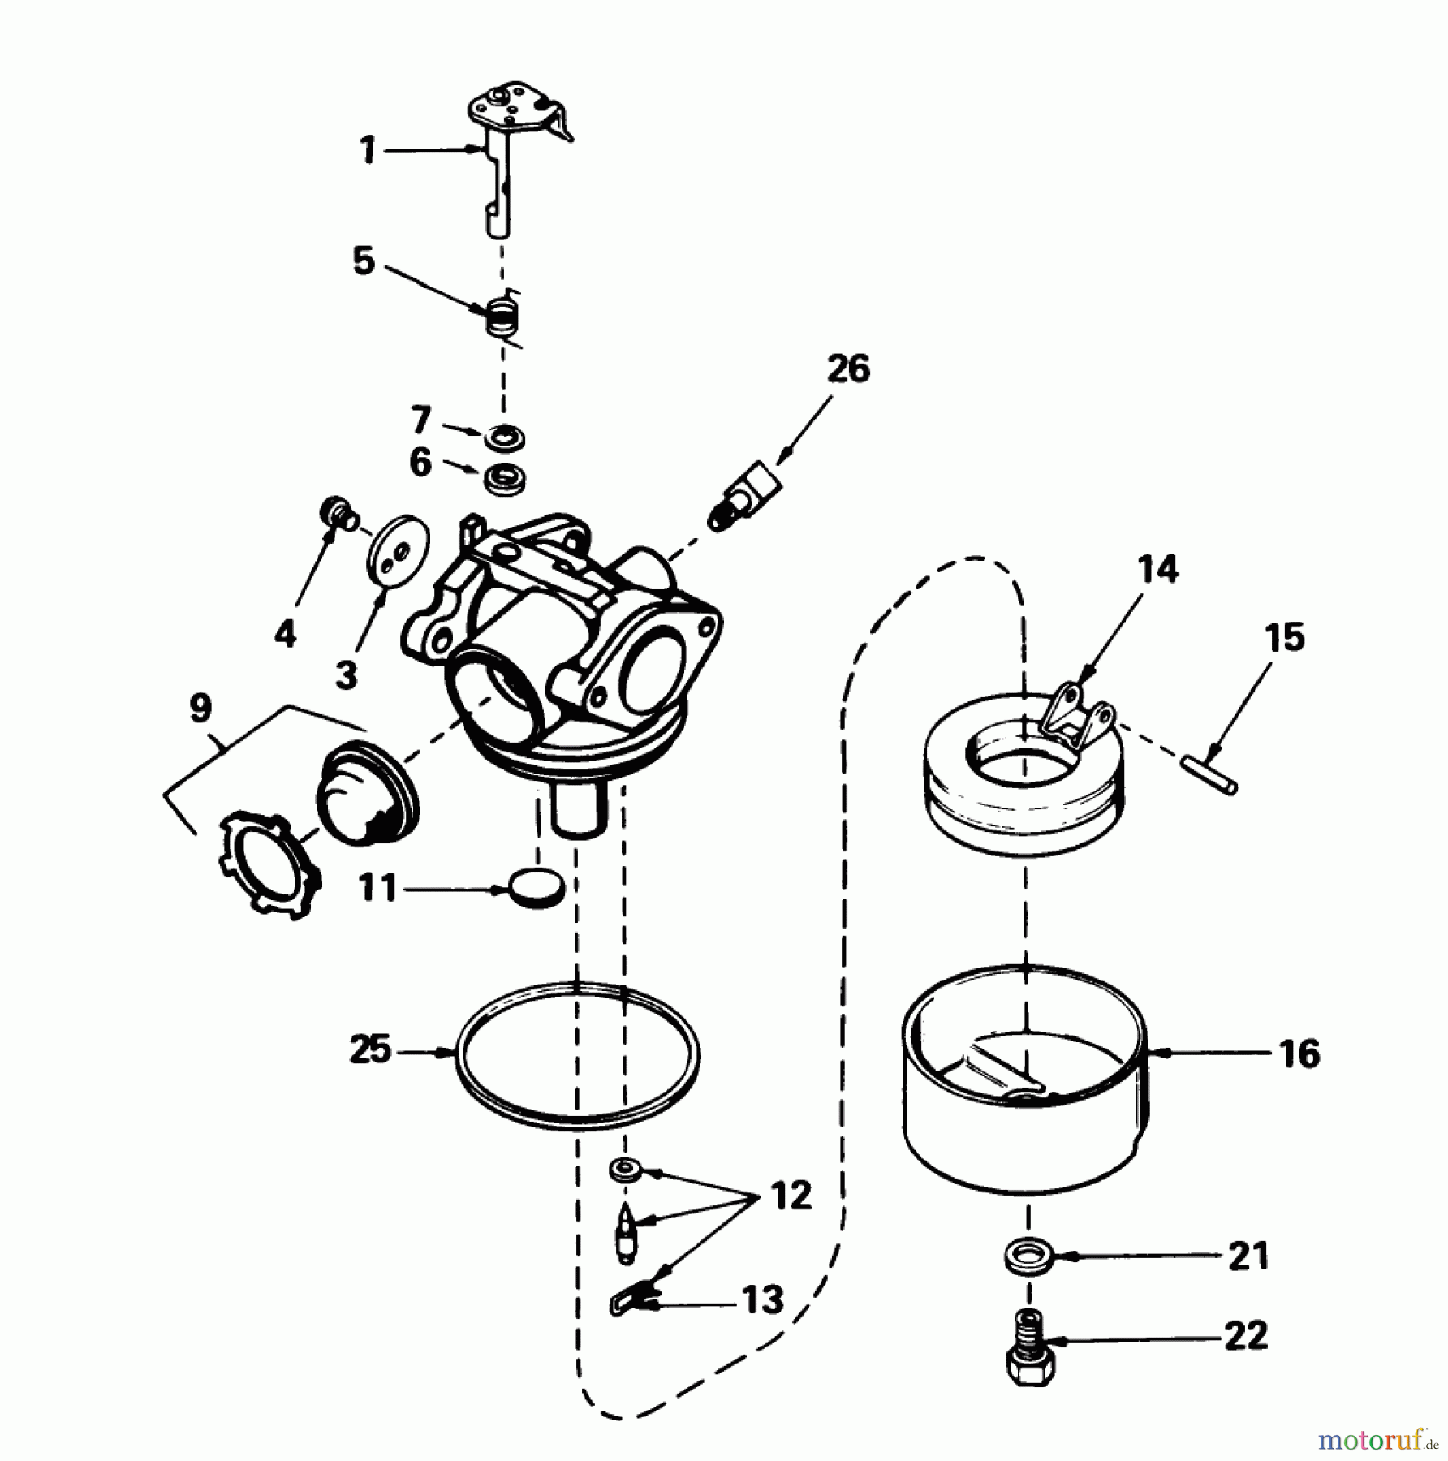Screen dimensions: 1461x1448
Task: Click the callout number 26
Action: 848,369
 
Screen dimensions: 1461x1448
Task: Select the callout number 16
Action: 1299,1054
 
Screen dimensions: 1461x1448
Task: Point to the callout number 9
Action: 200,708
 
